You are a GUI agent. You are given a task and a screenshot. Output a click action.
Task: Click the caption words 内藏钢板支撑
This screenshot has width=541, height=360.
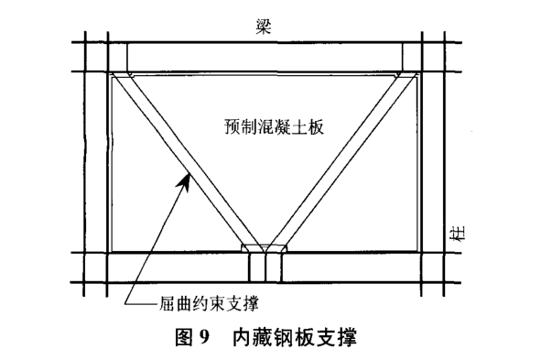tap(297, 337)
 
